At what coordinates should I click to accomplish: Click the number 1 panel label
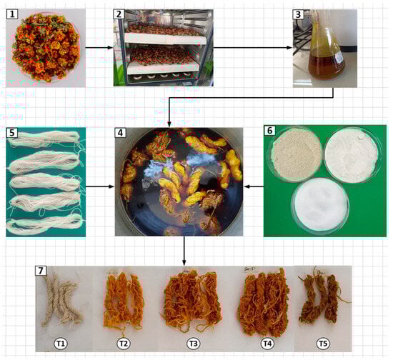pos(12,14)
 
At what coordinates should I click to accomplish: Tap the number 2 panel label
pos(119,14)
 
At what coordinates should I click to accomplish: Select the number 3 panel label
pos(298,14)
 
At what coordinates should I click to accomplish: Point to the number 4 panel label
pos(120,133)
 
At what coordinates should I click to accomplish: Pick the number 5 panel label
pos(12,132)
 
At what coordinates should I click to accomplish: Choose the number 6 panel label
pos(269,131)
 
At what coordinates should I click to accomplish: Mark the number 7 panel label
pos(41,271)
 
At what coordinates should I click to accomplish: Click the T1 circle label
pos(61,344)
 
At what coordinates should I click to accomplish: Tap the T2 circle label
pos(124,344)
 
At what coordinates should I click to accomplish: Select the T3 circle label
pos(193,344)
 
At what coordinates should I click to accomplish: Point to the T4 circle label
pos(267,344)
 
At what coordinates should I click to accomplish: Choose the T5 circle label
pos(323,344)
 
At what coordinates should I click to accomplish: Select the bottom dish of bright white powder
pos(320,204)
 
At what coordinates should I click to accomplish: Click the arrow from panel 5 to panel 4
pos(100,186)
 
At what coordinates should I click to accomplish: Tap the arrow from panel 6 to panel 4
pos(254,186)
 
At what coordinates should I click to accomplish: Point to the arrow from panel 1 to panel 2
pos(99,48)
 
